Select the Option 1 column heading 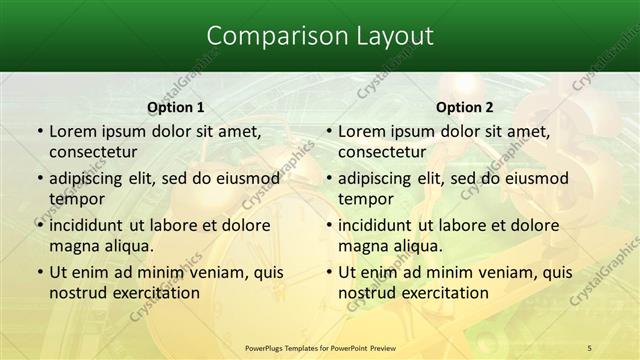(176, 107)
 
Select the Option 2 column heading (465, 107)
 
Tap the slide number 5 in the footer (589, 348)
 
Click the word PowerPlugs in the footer (268, 348)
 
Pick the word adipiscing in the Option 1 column (91, 178)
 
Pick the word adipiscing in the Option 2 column (380, 178)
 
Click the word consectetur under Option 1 (105, 152)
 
